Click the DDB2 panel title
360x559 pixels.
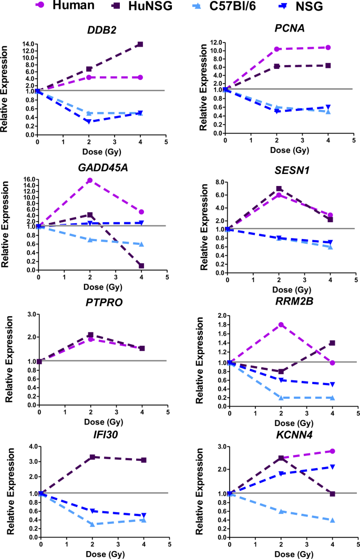click(x=101, y=30)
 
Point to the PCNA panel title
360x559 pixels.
click(x=290, y=30)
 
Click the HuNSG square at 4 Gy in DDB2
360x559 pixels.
click(x=140, y=44)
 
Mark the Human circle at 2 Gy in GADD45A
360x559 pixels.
click(x=90, y=180)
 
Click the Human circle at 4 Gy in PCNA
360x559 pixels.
click(x=328, y=47)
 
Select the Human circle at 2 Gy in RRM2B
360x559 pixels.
click(x=281, y=325)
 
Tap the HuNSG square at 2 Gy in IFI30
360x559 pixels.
click(x=92, y=457)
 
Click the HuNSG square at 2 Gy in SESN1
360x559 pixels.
click(x=279, y=189)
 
